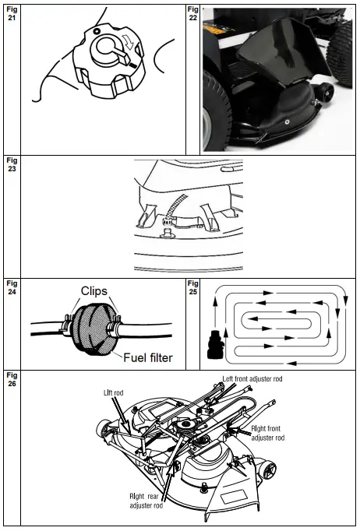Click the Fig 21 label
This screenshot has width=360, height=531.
coord(11,12)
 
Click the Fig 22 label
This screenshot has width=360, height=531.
coord(193,12)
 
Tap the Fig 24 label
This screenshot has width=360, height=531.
coord(11,288)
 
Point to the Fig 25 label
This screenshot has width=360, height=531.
coord(193,288)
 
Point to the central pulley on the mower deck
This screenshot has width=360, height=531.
coord(189,426)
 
